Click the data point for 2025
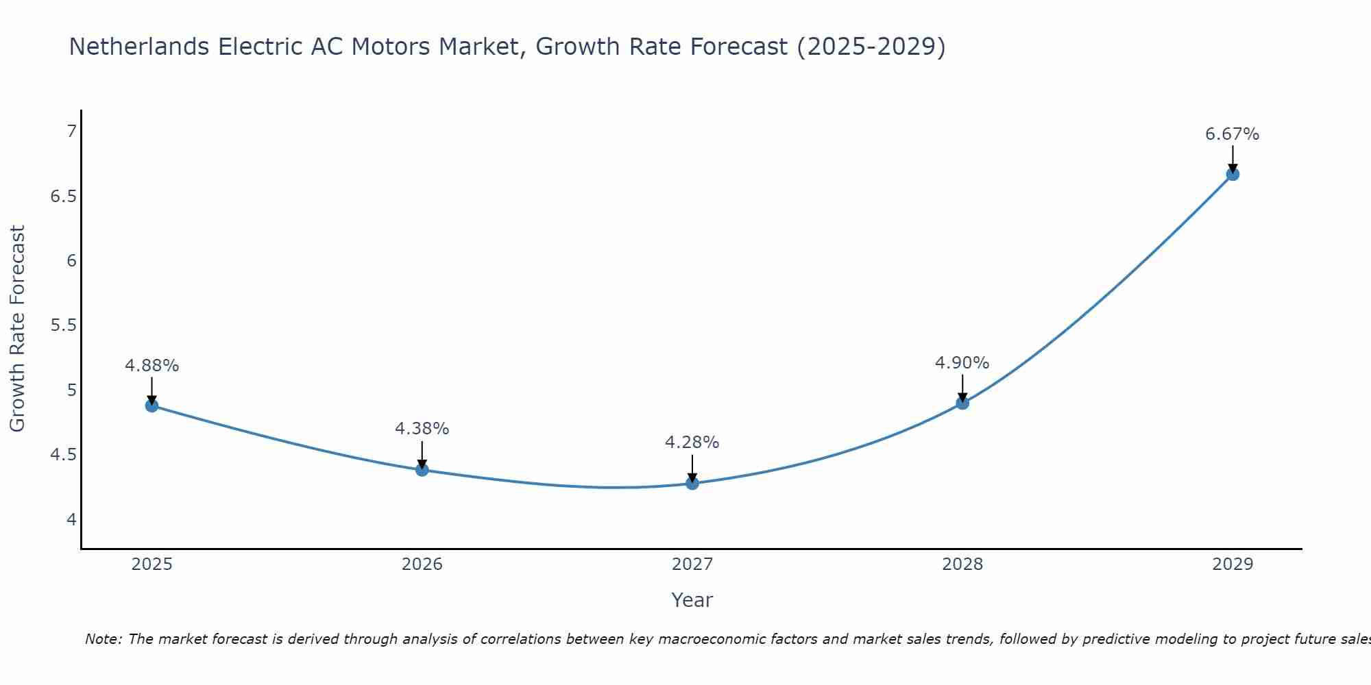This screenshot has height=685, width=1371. tap(151, 406)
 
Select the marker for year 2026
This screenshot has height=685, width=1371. tap(422, 470)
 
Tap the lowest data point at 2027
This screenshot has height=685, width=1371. tap(692, 483)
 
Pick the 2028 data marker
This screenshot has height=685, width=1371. tap(962, 403)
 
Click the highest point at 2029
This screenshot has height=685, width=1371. tap(1233, 174)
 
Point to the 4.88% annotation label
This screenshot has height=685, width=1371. tap(151, 366)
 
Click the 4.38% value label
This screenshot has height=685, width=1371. tap(422, 429)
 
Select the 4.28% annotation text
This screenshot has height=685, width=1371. tap(692, 443)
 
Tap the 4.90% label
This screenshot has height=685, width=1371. tap(962, 363)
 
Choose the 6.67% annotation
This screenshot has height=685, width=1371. tap(1233, 134)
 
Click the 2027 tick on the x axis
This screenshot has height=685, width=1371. tap(692, 564)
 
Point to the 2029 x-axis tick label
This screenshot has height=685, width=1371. tap(1233, 564)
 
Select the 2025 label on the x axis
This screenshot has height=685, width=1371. tap(151, 564)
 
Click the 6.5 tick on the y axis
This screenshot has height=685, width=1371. tap(63, 197)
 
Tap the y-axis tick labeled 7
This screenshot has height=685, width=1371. tap(71, 132)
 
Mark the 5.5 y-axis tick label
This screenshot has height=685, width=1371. tap(63, 325)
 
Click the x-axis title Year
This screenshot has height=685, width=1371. tap(692, 600)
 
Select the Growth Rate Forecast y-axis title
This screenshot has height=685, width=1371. tap(18, 329)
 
